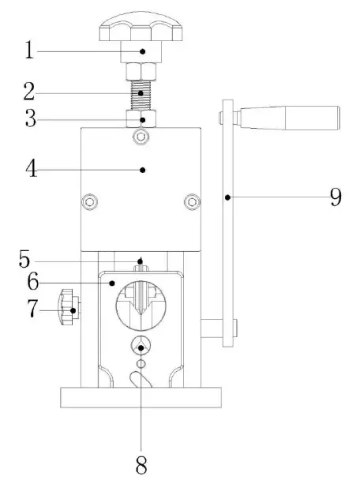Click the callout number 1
coord(29,51)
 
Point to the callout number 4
coord(31,169)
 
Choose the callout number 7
coord(31,310)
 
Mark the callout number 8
coord(141,464)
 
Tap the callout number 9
coord(336,196)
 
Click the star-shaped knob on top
coord(142,30)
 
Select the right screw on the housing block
coord(190,202)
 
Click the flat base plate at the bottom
coord(141,397)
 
